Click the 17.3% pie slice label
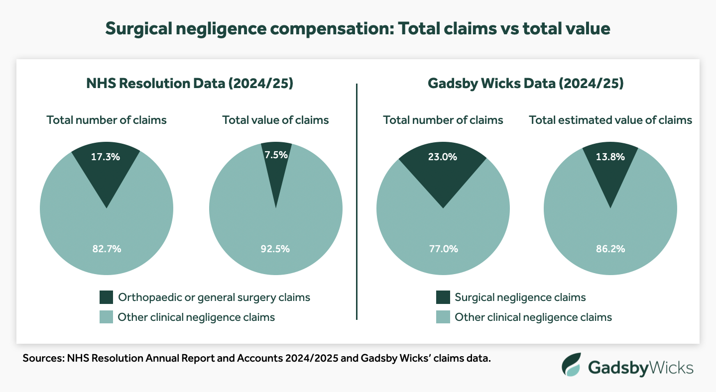tap(106, 157)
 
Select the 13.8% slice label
tap(610, 157)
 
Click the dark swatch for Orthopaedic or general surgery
tap(106, 297)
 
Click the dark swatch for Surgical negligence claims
tap(443, 297)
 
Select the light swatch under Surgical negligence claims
tap(443, 317)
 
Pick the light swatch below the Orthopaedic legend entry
tap(106, 317)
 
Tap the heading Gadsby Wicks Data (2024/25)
tap(526, 84)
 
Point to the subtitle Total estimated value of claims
tap(610, 120)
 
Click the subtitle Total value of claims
tap(275, 120)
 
